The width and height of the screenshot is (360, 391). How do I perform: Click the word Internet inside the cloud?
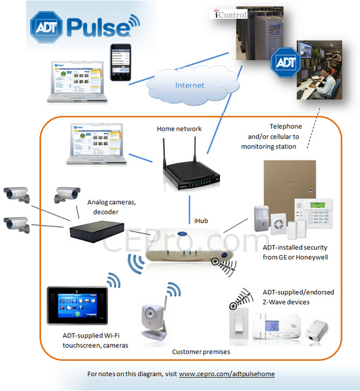(189, 85)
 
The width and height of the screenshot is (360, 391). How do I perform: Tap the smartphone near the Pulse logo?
(120, 62)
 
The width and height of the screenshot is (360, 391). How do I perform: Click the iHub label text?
(201, 221)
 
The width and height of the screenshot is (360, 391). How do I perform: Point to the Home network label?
(179, 129)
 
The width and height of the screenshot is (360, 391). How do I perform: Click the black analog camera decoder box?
(97, 231)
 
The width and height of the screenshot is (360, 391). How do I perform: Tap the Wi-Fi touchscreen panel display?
(77, 305)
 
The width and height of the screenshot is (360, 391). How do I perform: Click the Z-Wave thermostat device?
(276, 326)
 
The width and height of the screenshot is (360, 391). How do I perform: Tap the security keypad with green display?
(314, 213)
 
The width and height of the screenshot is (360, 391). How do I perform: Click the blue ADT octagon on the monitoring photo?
(285, 62)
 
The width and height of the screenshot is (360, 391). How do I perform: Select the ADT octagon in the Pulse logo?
(46, 27)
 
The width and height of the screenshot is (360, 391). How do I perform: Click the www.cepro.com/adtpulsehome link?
(226, 374)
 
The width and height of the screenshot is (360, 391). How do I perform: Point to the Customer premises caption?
(201, 352)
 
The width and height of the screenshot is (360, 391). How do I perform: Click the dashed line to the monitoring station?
(314, 128)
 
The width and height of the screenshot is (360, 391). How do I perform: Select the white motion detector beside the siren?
(262, 218)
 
